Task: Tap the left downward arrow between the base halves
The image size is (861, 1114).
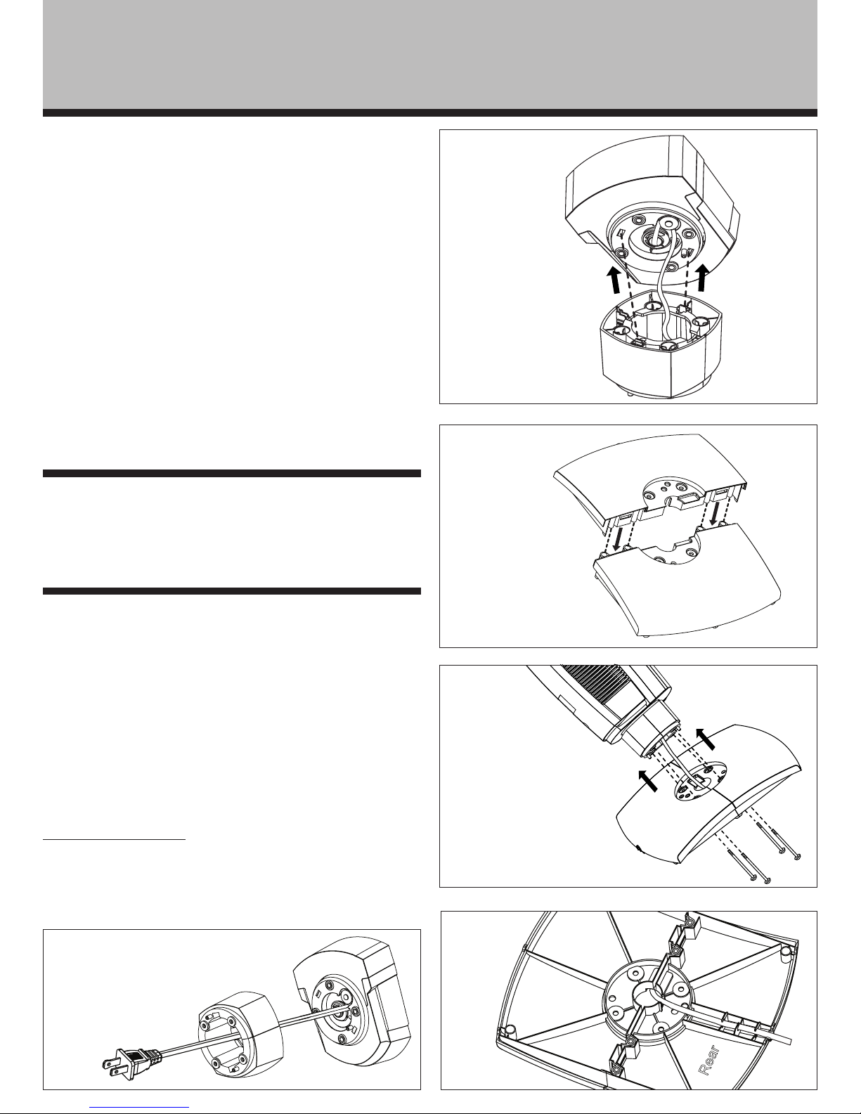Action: [620, 538]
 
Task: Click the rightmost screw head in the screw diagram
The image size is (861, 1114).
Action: [797, 856]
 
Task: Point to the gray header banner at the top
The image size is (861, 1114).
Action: [430, 54]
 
